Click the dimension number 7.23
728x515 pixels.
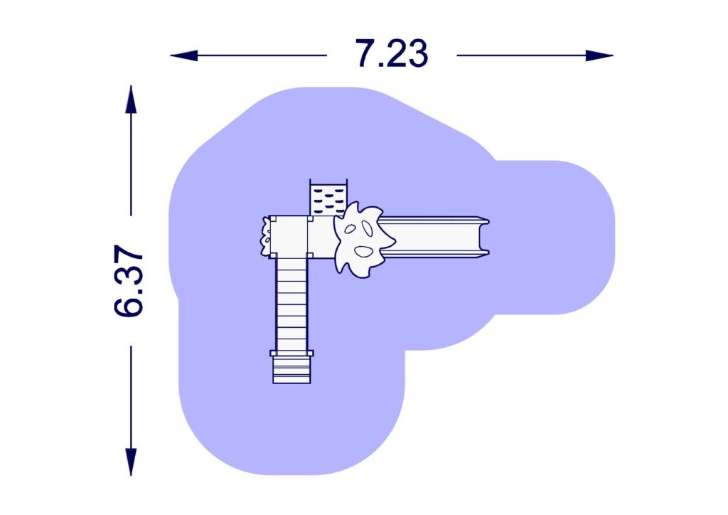pyautogui.click(x=392, y=54)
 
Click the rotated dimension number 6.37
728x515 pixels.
pyautogui.click(x=129, y=282)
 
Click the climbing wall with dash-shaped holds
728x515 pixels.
pyautogui.click(x=328, y=197)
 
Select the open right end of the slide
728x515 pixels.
pyautogui.click(x=486, y=235)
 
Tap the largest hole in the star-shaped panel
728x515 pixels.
pyautogui.click(x=363, y=251)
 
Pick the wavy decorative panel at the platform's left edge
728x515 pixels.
pyautogui.click(x=266, y=236)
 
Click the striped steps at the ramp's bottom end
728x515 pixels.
pyautogui.click(x=291, y=368)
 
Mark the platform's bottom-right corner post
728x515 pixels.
pyautogui.click(x=309, y=255)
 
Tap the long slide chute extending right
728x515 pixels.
pyautogui.click(x=434, y=235)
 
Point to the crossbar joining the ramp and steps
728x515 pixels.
pyautogui.click(x=291, y=353)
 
